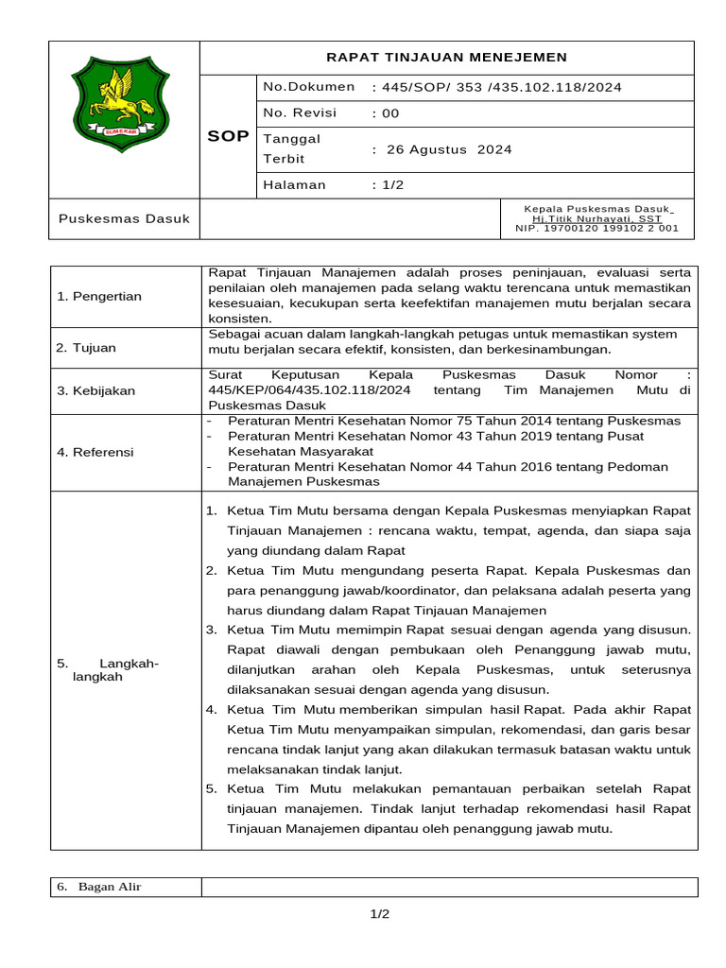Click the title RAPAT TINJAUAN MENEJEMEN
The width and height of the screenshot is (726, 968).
coord(446,58)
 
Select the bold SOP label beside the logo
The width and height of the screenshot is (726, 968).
coord(228,136)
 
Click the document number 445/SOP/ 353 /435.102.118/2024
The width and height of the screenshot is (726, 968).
coord(497,88)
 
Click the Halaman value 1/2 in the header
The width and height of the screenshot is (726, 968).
coord(388,185)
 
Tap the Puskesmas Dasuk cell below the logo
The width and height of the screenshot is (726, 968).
coord(124,218)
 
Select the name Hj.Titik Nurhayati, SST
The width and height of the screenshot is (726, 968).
coord(596,218)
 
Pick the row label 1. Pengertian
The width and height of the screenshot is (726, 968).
coord(99,297)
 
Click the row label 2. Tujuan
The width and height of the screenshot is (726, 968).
coord(86,348)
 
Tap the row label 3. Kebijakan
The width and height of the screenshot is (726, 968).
coord(95,390)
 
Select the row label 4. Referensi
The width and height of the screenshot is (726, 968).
coord(95,452)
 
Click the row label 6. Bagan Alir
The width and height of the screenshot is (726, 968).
coord(99,887)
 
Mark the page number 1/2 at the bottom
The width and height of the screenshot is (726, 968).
coord(379,914)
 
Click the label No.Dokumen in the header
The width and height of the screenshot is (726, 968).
coord(309,87)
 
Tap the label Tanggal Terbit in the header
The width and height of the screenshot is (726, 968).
coord(292,149)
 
